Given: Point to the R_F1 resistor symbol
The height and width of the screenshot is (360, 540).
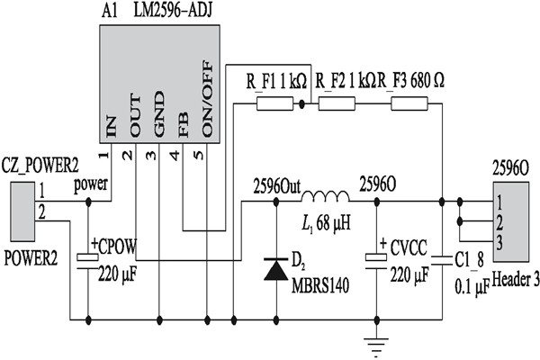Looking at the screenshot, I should [275, 104].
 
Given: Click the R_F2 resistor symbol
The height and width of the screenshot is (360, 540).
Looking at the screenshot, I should [337, 104].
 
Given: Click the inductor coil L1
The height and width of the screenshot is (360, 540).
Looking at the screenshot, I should [325, 199].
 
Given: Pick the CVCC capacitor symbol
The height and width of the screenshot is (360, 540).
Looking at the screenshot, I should [376, 258].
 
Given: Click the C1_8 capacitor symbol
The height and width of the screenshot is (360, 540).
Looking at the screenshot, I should [443, 259].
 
